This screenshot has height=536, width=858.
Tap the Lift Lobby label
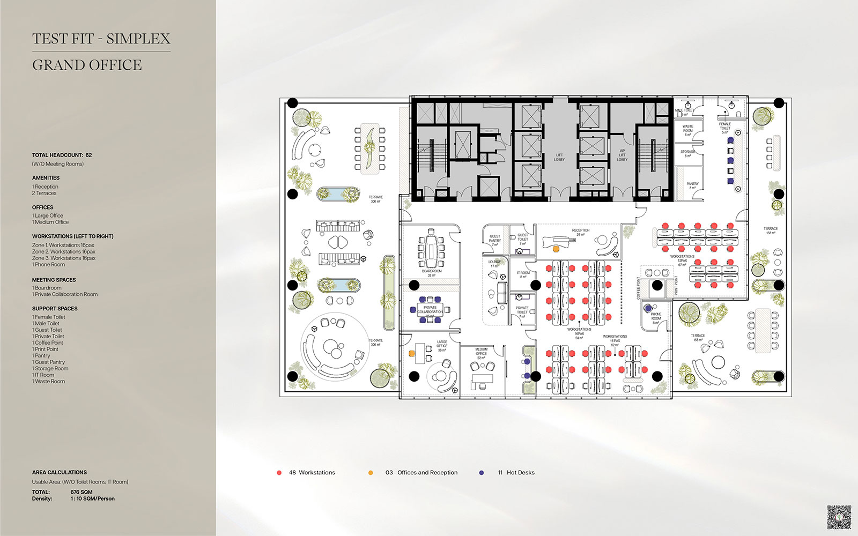(559, 157)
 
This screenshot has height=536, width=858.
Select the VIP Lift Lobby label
(622, 155)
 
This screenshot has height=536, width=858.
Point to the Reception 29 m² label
(580, 233)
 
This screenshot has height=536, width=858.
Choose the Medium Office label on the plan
(481, 353)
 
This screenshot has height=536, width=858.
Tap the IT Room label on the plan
(523, 274)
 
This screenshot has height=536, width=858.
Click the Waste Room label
(687, 130)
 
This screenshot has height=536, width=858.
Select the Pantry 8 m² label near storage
(692, 185)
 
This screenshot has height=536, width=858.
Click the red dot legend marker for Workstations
(279, 473)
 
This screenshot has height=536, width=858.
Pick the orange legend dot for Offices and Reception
(371, 473)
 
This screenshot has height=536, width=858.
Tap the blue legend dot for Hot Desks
(482, 473)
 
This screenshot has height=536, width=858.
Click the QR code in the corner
(839, 517)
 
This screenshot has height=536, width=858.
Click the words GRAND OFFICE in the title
(87, 65)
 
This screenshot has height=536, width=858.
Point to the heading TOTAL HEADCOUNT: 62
(62, 155)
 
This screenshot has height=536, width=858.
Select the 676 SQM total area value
(81, 492)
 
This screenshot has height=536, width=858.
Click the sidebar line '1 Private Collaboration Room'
(65, 294)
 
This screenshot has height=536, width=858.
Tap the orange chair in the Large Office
(412, 353)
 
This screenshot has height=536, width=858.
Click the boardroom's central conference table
(432, 250)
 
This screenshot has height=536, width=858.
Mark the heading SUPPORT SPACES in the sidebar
(55, 309)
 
